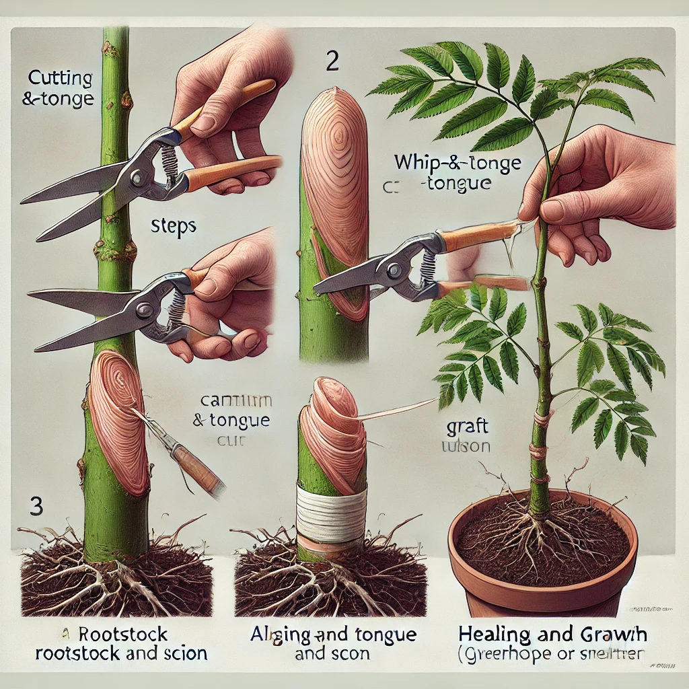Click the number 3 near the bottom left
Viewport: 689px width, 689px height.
(x=36, y=506)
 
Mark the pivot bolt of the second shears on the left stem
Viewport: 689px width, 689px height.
(x=145, y=310)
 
